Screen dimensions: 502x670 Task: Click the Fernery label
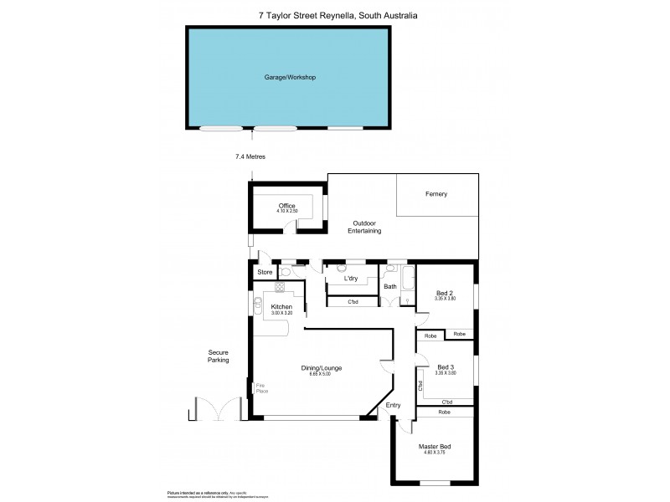(435, 194)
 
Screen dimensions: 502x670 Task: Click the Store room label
(265, 272)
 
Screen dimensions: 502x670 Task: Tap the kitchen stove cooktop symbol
(280, 287)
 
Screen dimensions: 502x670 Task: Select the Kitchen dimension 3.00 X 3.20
(281, 315)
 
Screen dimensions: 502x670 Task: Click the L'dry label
(352, 279)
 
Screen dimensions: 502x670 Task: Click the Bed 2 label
(444, 293)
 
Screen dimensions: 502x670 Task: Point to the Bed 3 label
(446, 367)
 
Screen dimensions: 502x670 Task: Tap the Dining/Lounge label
(322, 367)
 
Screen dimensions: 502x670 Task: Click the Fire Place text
(260, 389)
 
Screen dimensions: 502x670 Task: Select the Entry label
(393, 406)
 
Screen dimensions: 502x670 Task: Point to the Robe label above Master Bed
(444, 412)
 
